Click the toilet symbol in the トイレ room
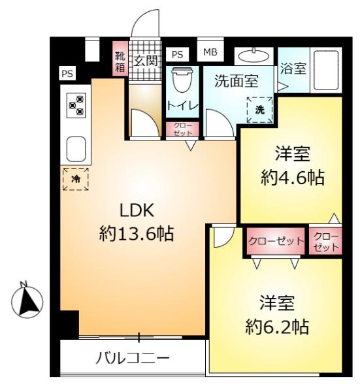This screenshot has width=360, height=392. (182, 80)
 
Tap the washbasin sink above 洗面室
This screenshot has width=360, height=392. (254, 56)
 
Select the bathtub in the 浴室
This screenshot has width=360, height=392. (326, 70)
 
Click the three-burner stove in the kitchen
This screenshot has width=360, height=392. (76, 105)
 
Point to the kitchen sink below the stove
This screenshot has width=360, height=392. (76, 149)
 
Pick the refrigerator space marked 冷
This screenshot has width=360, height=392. (76, 179)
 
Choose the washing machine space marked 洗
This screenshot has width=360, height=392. (260, 110)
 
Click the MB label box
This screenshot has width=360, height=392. (210, 52)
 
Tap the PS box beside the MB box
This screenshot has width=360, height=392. (178, 54)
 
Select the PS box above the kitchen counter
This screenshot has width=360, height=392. (67, 74)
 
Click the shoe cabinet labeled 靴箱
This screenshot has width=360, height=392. (120, 58)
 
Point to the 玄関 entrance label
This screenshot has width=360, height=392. (146, 61)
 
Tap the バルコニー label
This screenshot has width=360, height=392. (133, 359)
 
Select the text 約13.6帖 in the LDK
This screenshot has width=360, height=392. (137, 233)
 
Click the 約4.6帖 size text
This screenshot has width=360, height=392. (293, 178)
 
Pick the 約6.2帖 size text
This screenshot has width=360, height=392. (277, 327)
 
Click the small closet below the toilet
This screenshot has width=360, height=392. (182, 129)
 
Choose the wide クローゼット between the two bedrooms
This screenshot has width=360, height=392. (276, 241)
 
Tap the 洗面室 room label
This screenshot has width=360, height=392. (237, 81)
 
